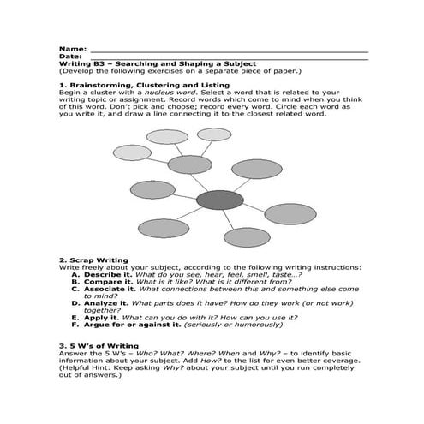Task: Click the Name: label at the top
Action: [x=73, y=49]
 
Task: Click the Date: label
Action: [x=71, y=57]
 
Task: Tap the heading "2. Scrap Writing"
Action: [x=93, y=260]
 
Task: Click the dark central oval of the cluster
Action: [x=220, y=200]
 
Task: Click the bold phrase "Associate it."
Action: [x=110, y=289]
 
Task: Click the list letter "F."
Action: [x=75, y=325]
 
